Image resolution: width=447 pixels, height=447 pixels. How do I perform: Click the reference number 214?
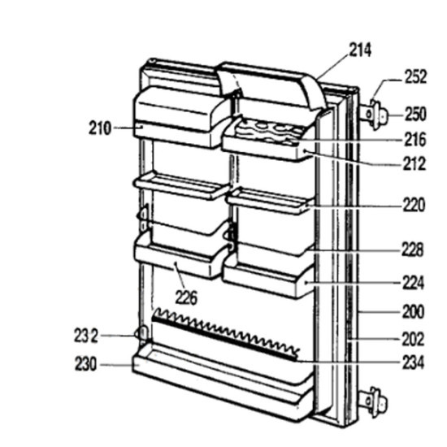coord(360,50)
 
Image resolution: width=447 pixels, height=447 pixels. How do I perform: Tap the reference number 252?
coord(415,77)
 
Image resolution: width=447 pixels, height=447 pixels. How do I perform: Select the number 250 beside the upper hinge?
coord(415,114)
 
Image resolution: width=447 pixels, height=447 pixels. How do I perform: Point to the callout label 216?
coord(414,140)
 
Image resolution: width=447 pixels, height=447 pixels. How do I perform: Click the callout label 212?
coord(414,164)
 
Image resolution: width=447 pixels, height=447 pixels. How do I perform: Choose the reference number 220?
coord(414,205)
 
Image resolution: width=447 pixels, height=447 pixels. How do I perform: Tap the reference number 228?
coord(413,250)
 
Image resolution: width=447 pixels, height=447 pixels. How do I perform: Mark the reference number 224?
coord(414,283)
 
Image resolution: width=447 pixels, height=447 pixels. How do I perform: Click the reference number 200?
coord(414,312)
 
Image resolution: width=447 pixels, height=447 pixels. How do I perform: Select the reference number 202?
coord(414,339)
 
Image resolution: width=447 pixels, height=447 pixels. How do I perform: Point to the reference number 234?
coord(414,363)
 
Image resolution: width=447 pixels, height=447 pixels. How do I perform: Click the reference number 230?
coord(86,364)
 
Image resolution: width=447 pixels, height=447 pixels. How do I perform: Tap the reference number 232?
coord(86,336)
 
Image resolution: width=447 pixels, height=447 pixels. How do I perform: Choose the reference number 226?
coord(186,298)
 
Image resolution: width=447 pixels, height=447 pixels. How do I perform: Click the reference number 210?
coord(99,128)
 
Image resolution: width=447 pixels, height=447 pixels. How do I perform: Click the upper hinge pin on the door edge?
coord(374,115)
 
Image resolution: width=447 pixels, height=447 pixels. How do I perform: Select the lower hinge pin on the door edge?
coord(374,402)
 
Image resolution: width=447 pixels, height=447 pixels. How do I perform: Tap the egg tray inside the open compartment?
coord(269,131)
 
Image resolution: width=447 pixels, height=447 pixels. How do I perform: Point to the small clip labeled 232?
coord(141,333)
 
